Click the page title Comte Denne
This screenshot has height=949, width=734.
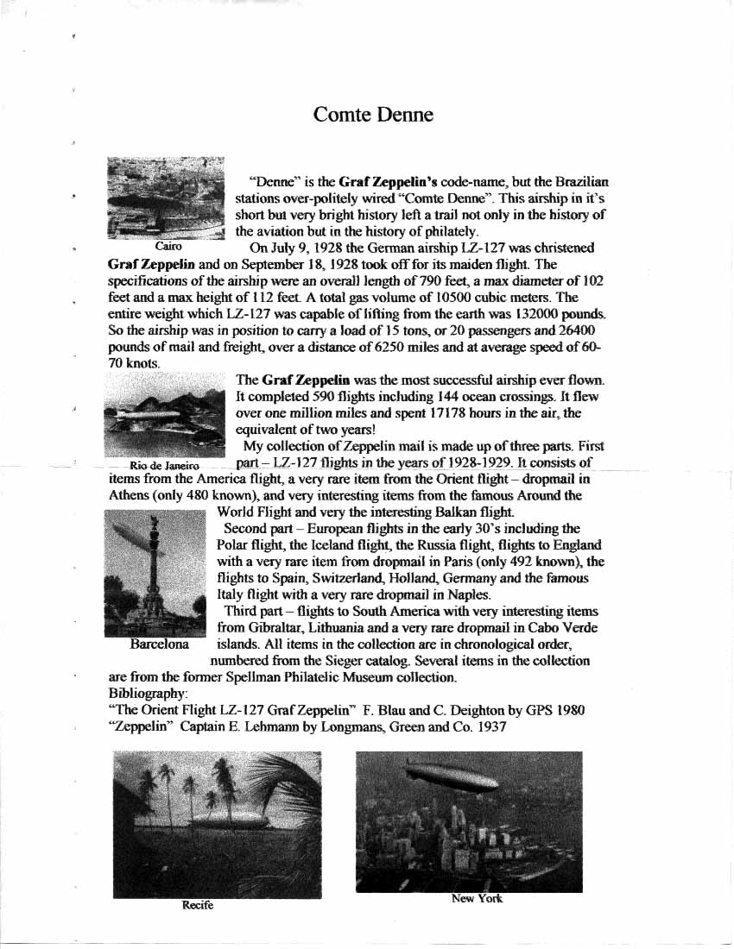(x=373, y=115)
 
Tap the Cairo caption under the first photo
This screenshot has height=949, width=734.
(x=168, y=247)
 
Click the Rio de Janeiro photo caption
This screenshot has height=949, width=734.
(x=164, y=466)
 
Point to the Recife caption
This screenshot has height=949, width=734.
(x=198, y=905)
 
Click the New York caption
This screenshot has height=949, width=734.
(x=477, y=899)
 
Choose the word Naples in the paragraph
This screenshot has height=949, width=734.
(x=470, y=594)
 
